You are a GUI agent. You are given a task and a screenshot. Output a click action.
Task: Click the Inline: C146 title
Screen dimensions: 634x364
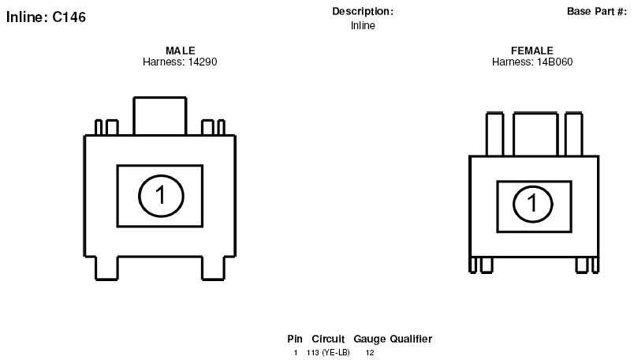pyautogui.click(x=46, y=17)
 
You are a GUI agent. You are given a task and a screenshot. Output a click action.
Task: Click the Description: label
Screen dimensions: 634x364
pyautogui.click(x=363, y=12)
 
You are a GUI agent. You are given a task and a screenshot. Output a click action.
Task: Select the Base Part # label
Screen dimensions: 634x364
pyautogui.click(x=597, y=11)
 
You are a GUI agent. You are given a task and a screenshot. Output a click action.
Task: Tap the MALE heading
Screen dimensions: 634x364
pyautogui.click(x=181, y=51)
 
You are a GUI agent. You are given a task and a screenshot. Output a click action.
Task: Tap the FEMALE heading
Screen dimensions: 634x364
pyautogui.click(x=532, y=51)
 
